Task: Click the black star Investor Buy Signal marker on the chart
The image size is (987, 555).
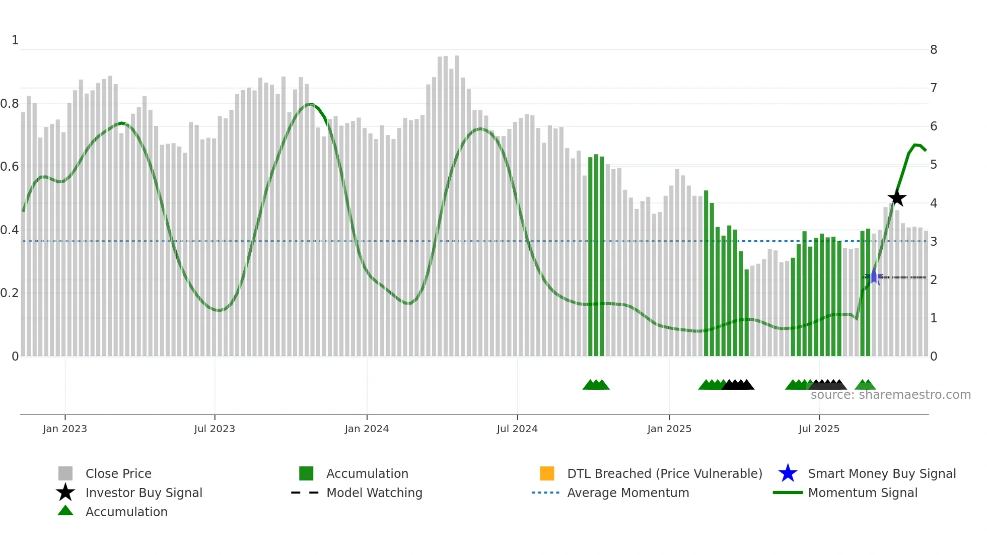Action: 897,198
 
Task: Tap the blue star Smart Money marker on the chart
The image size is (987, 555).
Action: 874,277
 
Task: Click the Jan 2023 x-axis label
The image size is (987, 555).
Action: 65,429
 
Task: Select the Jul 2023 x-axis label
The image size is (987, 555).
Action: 215,429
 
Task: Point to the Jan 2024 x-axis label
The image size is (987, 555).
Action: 367,429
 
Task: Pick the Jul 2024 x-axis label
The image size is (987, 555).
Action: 517,429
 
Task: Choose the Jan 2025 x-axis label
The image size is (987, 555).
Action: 669,429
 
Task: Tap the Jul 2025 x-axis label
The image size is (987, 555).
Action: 819,429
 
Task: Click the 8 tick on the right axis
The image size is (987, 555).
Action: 934,50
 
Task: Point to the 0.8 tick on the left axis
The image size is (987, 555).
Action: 10,104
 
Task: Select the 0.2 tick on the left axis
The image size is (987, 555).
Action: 10,293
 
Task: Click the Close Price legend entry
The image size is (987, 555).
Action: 118,473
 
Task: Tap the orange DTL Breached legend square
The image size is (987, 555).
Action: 547,473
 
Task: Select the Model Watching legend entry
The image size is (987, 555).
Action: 374,493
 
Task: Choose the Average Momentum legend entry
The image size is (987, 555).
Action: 628,493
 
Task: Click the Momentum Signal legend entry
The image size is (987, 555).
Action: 863,493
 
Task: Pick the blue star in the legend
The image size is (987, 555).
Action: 788,473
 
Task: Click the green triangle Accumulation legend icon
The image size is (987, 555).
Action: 65,511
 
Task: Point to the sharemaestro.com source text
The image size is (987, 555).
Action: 890,395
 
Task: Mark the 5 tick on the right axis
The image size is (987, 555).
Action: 934,165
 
